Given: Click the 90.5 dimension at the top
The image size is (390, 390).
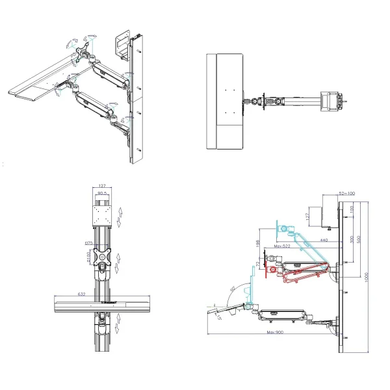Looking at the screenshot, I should pyautogui.click(x=102, y=193).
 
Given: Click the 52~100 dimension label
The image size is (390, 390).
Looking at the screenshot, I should pyautogui.click(x=348, y=194).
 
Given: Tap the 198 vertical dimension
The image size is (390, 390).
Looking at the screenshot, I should pyautogui.click(x=258, y=243).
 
